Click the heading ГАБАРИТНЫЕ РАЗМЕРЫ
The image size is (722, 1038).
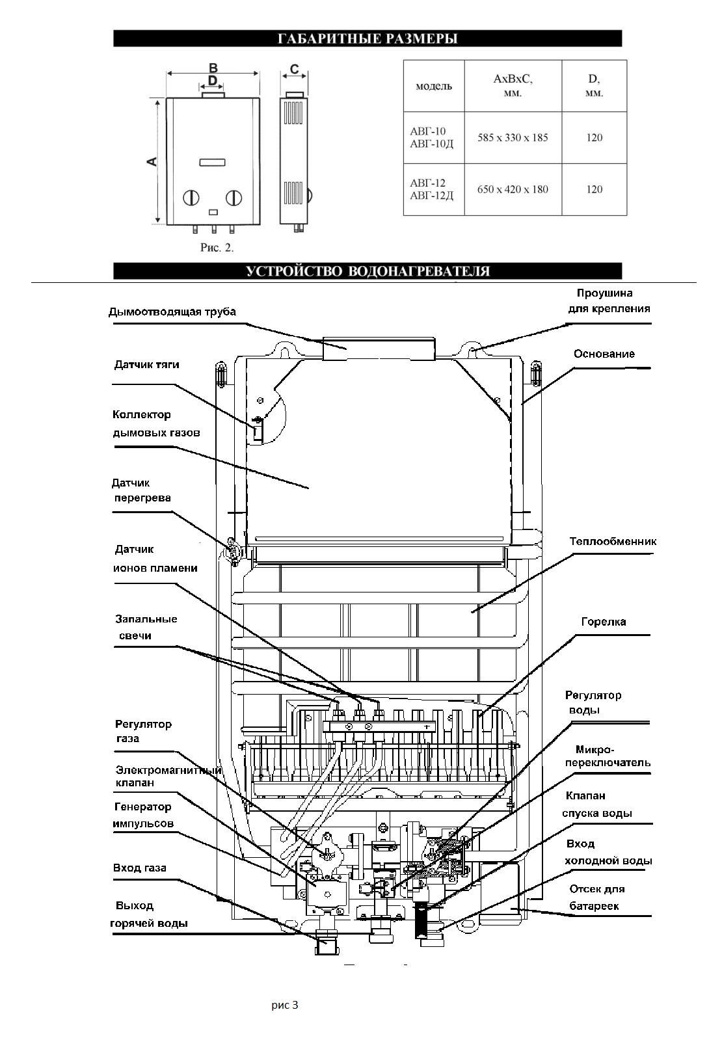click(x=368, y=38)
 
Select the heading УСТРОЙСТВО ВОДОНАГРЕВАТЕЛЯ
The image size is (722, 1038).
click(x=368, y=271)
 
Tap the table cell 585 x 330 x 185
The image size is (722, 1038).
click(x=513, y=138)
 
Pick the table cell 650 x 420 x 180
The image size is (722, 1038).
click(x=513, y=189)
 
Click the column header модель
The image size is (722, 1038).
click(x=433, y=86)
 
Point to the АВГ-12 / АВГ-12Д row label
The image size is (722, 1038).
click(x=431, y=189)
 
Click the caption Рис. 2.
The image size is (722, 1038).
click(x=217, y=247)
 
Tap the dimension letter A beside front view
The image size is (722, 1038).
click(x=152, y=162)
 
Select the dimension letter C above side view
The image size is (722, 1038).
click(x=294, y=70)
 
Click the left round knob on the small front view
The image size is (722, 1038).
click(x=191, y=198)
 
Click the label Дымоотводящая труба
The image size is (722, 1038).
click(x=172, y=312)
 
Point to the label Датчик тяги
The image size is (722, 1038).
click(x=146, y=365)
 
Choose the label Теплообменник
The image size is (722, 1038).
click(x=613, y=541)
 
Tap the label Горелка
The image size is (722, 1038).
click(x=604, y=622)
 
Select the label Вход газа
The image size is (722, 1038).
click(x=139, y=868)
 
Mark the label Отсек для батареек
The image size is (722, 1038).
click(x=597, y=897)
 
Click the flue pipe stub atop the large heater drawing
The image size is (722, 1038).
click(x=379, y=349)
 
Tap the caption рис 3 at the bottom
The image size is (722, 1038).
click(x=284, y=1005)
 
